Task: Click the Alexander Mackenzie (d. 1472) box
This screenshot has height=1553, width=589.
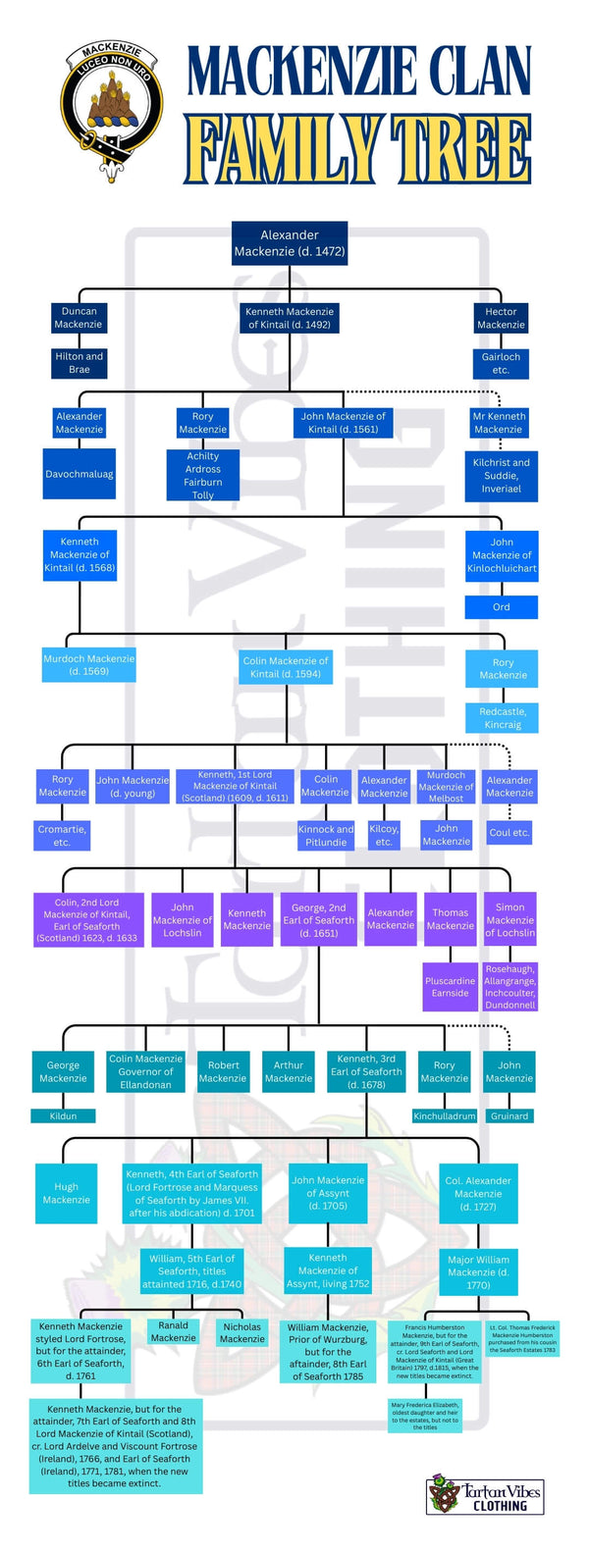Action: [x=290, y=243]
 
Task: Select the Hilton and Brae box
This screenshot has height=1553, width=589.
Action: [x=79, y=363]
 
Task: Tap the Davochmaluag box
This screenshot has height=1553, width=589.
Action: [x=80, y=474]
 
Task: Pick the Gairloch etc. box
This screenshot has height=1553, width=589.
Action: [x=501, y=363]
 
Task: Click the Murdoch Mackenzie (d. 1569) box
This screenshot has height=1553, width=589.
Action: [x=89, y=665]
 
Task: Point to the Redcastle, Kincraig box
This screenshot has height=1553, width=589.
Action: [x=502, y=717]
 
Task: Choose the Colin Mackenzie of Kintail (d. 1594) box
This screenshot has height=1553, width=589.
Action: [x=286, y=667]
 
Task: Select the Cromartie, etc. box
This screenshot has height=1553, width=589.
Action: [x=62, y=835]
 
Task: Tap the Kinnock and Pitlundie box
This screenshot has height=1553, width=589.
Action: [x=326, y=835]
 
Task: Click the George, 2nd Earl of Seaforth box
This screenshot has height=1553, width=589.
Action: [x=319, y=920]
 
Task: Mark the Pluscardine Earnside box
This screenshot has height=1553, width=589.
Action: [x=450, y=987]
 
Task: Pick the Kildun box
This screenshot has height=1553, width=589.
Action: [x=63, y=1115]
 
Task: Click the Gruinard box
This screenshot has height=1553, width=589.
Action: [x=509, y=1115]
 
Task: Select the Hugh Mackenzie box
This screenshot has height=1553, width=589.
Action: [x=66, y=1193]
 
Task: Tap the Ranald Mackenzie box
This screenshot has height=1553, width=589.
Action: [x=174, y=1331]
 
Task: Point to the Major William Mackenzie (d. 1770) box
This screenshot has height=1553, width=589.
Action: [x=478, y=1271]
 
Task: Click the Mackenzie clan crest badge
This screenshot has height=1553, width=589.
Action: [x=113, y=110]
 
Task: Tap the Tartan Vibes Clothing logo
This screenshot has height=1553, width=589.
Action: [x=485, y=1497]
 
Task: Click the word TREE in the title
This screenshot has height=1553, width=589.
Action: [x=461, y=150]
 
